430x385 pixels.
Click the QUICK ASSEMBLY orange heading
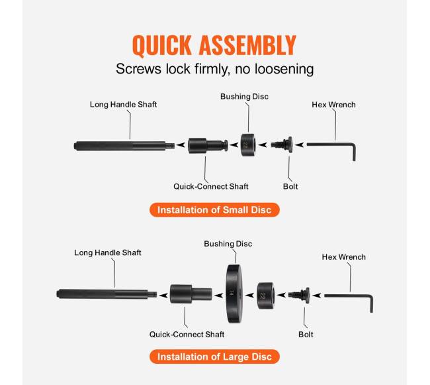coord(214,45)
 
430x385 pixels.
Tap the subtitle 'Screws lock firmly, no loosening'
coord(215,69)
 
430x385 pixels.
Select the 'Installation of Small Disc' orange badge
coord(214,210)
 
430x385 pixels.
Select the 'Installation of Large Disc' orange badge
coord(214,357)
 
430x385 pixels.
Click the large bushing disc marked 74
coord(234,294)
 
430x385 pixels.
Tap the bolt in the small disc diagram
coord(282,144)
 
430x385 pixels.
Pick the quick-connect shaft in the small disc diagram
coord(208,146)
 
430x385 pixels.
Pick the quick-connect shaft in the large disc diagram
coord(191,294)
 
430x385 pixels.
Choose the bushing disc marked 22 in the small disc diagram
coord(248,145)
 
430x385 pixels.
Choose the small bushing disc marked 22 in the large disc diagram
coord(265,296)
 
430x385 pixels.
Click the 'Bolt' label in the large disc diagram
coord(306,335)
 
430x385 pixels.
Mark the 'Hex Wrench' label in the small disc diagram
coord(333,105)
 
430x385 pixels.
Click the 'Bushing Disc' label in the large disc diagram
coord(228,244)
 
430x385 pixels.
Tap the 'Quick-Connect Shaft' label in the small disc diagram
coord(211,186)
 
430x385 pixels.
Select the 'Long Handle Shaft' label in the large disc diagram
coord(108,252)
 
